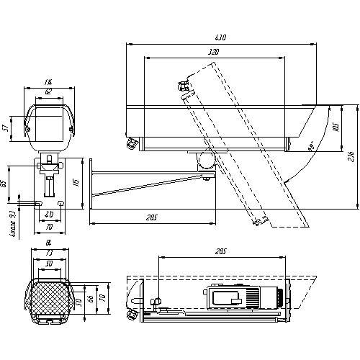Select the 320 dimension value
click(x=213, y=53)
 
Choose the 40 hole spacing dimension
click(x=49, y=215)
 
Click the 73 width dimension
click(x=49, y=254)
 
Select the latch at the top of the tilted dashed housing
click(x=184, y=85)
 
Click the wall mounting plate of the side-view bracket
click(x=89, y=184)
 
